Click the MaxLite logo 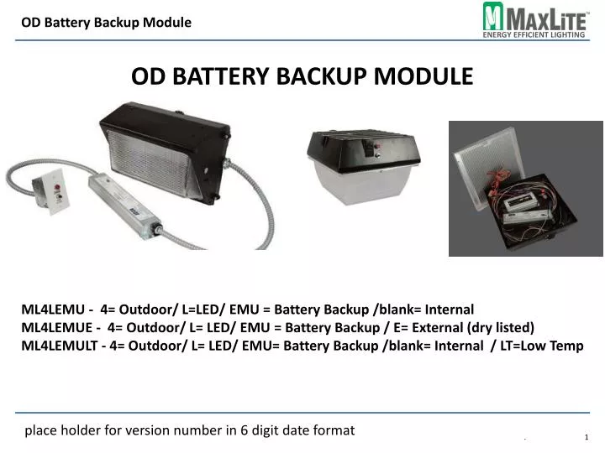pyautogui.click(x=534, y=18)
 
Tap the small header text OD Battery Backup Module pyautogui.click(x=106, y=23)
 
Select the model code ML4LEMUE pyautogui.click(x=55, y=326)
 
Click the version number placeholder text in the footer pyautogui.click(x=189, y=430)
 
